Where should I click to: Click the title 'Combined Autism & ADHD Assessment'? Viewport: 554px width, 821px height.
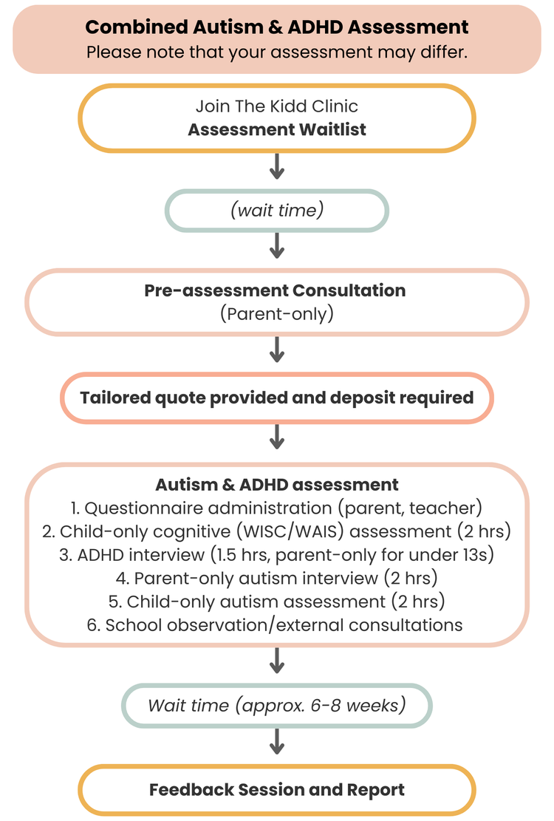point(277,27)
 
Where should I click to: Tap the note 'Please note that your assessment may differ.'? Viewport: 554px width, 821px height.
point(277,53)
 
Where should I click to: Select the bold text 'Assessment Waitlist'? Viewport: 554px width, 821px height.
point(277,129)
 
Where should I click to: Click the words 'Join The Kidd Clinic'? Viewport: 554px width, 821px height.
point(277,106)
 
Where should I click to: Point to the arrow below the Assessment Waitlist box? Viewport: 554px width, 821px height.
point(277,167)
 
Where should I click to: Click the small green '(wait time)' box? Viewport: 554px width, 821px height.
point(277,211)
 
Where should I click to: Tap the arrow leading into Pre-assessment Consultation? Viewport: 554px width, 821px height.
point(277,246)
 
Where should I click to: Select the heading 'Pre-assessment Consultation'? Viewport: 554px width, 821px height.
point(275,290)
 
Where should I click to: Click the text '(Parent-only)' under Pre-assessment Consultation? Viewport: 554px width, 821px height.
point(277,313)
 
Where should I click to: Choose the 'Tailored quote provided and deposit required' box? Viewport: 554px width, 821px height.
point(277,398)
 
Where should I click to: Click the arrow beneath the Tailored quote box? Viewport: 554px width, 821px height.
point(277,437)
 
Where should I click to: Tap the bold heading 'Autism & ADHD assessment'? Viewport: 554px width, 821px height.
point(277,485)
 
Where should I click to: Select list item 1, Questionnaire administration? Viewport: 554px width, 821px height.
point(277,508)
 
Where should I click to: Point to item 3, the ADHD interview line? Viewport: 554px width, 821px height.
point(277,555)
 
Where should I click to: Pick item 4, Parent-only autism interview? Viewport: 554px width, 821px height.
point(277,578)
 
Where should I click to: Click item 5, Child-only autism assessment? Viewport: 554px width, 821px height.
point(277,602)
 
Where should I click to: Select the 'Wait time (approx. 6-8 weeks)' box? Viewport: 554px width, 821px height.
point(277,705)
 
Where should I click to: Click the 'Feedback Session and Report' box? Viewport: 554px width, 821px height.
point(277,789)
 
